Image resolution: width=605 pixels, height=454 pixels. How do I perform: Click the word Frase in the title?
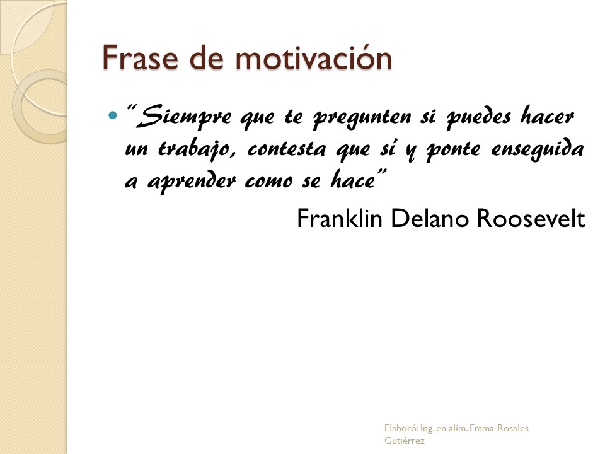tap(141, 57)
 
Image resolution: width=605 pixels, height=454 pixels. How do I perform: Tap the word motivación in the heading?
tap(313, 57)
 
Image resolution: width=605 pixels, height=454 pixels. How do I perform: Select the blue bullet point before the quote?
tap(112, 115)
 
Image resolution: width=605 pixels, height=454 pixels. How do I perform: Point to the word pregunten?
tap(362, 117)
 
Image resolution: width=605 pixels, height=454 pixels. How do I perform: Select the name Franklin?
tap(340, 218)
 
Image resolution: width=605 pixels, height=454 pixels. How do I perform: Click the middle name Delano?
tap(430, 218)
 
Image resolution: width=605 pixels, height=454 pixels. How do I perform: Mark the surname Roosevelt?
tap(531, 218)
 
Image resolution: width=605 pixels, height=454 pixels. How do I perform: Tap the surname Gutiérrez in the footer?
tap(405, 441)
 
